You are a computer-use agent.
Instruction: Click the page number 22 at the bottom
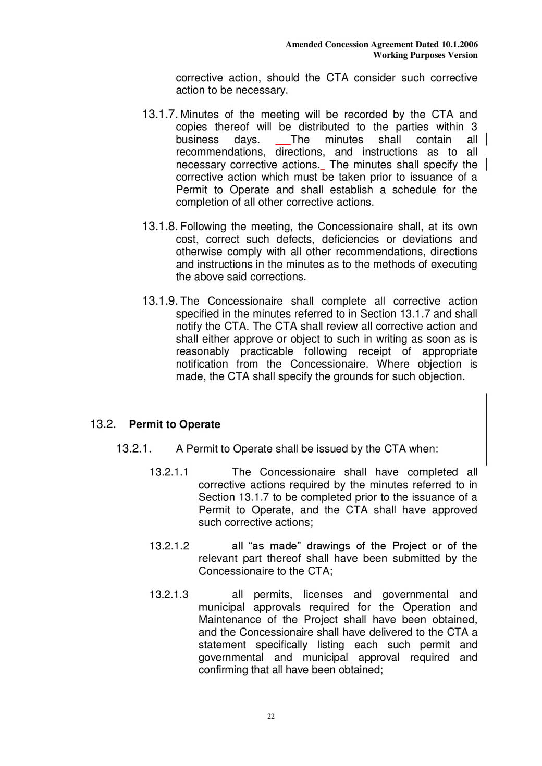[x=271, y=717]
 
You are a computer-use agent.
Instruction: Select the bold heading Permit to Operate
[x=175, y=424]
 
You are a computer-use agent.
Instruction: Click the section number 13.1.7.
[x=159, y=115]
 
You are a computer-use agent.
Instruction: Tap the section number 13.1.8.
[x=159, y=227]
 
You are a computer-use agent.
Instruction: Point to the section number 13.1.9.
[x=159, y=301]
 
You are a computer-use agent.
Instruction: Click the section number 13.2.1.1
[x=169, y=472]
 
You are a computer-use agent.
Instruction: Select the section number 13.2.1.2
[x=169, y=546]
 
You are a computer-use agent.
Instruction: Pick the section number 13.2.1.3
[x=169, y=595]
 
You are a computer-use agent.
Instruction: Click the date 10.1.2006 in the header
[x=459, y=45]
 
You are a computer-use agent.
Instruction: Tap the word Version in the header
[x=463, y=55]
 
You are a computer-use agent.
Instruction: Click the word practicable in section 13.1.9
[x=267, y=351]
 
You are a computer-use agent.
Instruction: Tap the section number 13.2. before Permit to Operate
[x=103, y=424]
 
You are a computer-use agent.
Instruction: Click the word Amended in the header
[x=303, y=45]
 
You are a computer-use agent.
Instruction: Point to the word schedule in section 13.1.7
[x=415, y=190]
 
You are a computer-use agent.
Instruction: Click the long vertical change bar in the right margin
[x=487, y=429]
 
